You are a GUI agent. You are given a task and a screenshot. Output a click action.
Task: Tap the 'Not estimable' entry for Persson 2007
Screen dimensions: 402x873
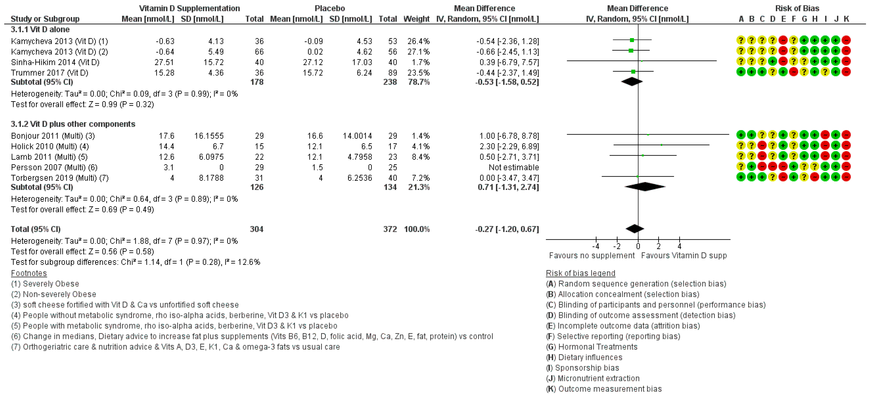[x=514, y=167]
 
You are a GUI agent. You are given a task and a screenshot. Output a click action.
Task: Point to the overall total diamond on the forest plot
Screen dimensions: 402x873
[x=634, y=229]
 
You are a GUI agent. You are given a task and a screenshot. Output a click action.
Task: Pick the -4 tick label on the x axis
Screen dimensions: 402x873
[x=596, y=246]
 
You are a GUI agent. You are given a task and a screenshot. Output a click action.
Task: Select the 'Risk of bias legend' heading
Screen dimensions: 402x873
[x=580, y=273]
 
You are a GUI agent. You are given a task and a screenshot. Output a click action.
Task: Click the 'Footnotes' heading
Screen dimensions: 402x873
[x=29, y=273]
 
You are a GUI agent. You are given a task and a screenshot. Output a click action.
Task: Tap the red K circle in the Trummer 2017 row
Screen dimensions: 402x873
[x=846, y=72]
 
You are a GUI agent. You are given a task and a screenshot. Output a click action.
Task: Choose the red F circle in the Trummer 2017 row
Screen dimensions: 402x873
[x=793, y=72]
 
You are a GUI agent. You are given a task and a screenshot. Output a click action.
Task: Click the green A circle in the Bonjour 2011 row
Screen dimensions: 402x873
[x=741, y=135]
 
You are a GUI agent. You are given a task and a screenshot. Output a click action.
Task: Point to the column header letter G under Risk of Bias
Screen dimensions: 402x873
[x=804, y=19]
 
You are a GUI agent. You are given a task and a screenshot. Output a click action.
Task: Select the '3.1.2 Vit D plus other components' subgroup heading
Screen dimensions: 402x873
[x=73, y=124]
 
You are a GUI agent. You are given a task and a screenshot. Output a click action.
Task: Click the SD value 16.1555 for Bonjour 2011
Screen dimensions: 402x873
[x=209, y=136]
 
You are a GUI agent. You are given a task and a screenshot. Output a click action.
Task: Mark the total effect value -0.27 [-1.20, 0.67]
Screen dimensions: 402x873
[x=507, y=229]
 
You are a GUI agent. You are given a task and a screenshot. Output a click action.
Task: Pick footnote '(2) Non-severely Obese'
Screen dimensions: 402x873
[x=54, y=294]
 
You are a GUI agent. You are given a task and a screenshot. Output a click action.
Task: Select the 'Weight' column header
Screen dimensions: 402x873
[x=416, y=19]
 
